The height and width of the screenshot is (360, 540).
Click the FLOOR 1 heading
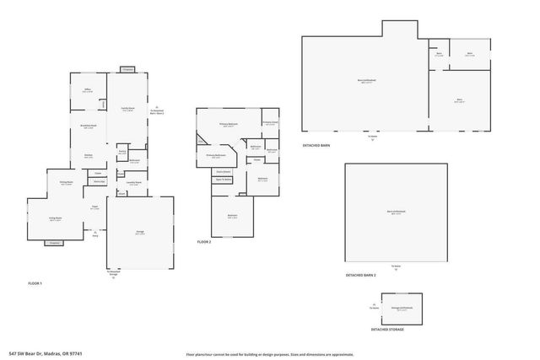[35, 283]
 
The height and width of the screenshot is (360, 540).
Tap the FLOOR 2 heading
[204, 242]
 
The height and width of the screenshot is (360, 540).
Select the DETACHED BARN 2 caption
[360, 275]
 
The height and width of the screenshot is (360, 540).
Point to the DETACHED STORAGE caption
[386, 329]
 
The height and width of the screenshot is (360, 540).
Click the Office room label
[87, 89]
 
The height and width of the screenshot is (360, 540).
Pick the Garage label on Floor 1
[139, 234]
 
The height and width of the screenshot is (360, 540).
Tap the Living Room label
[56, 218]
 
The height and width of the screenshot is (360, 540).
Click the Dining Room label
[66, 182]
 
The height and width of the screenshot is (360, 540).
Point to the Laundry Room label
[133, 182]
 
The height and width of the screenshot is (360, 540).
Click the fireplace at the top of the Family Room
[127, 70]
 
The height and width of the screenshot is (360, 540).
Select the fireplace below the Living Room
[55, 243]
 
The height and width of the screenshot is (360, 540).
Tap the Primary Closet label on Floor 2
[270, 123]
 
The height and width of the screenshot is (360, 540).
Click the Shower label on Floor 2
[255, 159]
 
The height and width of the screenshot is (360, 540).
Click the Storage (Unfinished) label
[402, 309]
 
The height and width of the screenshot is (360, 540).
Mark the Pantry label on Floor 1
[122, 153]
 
